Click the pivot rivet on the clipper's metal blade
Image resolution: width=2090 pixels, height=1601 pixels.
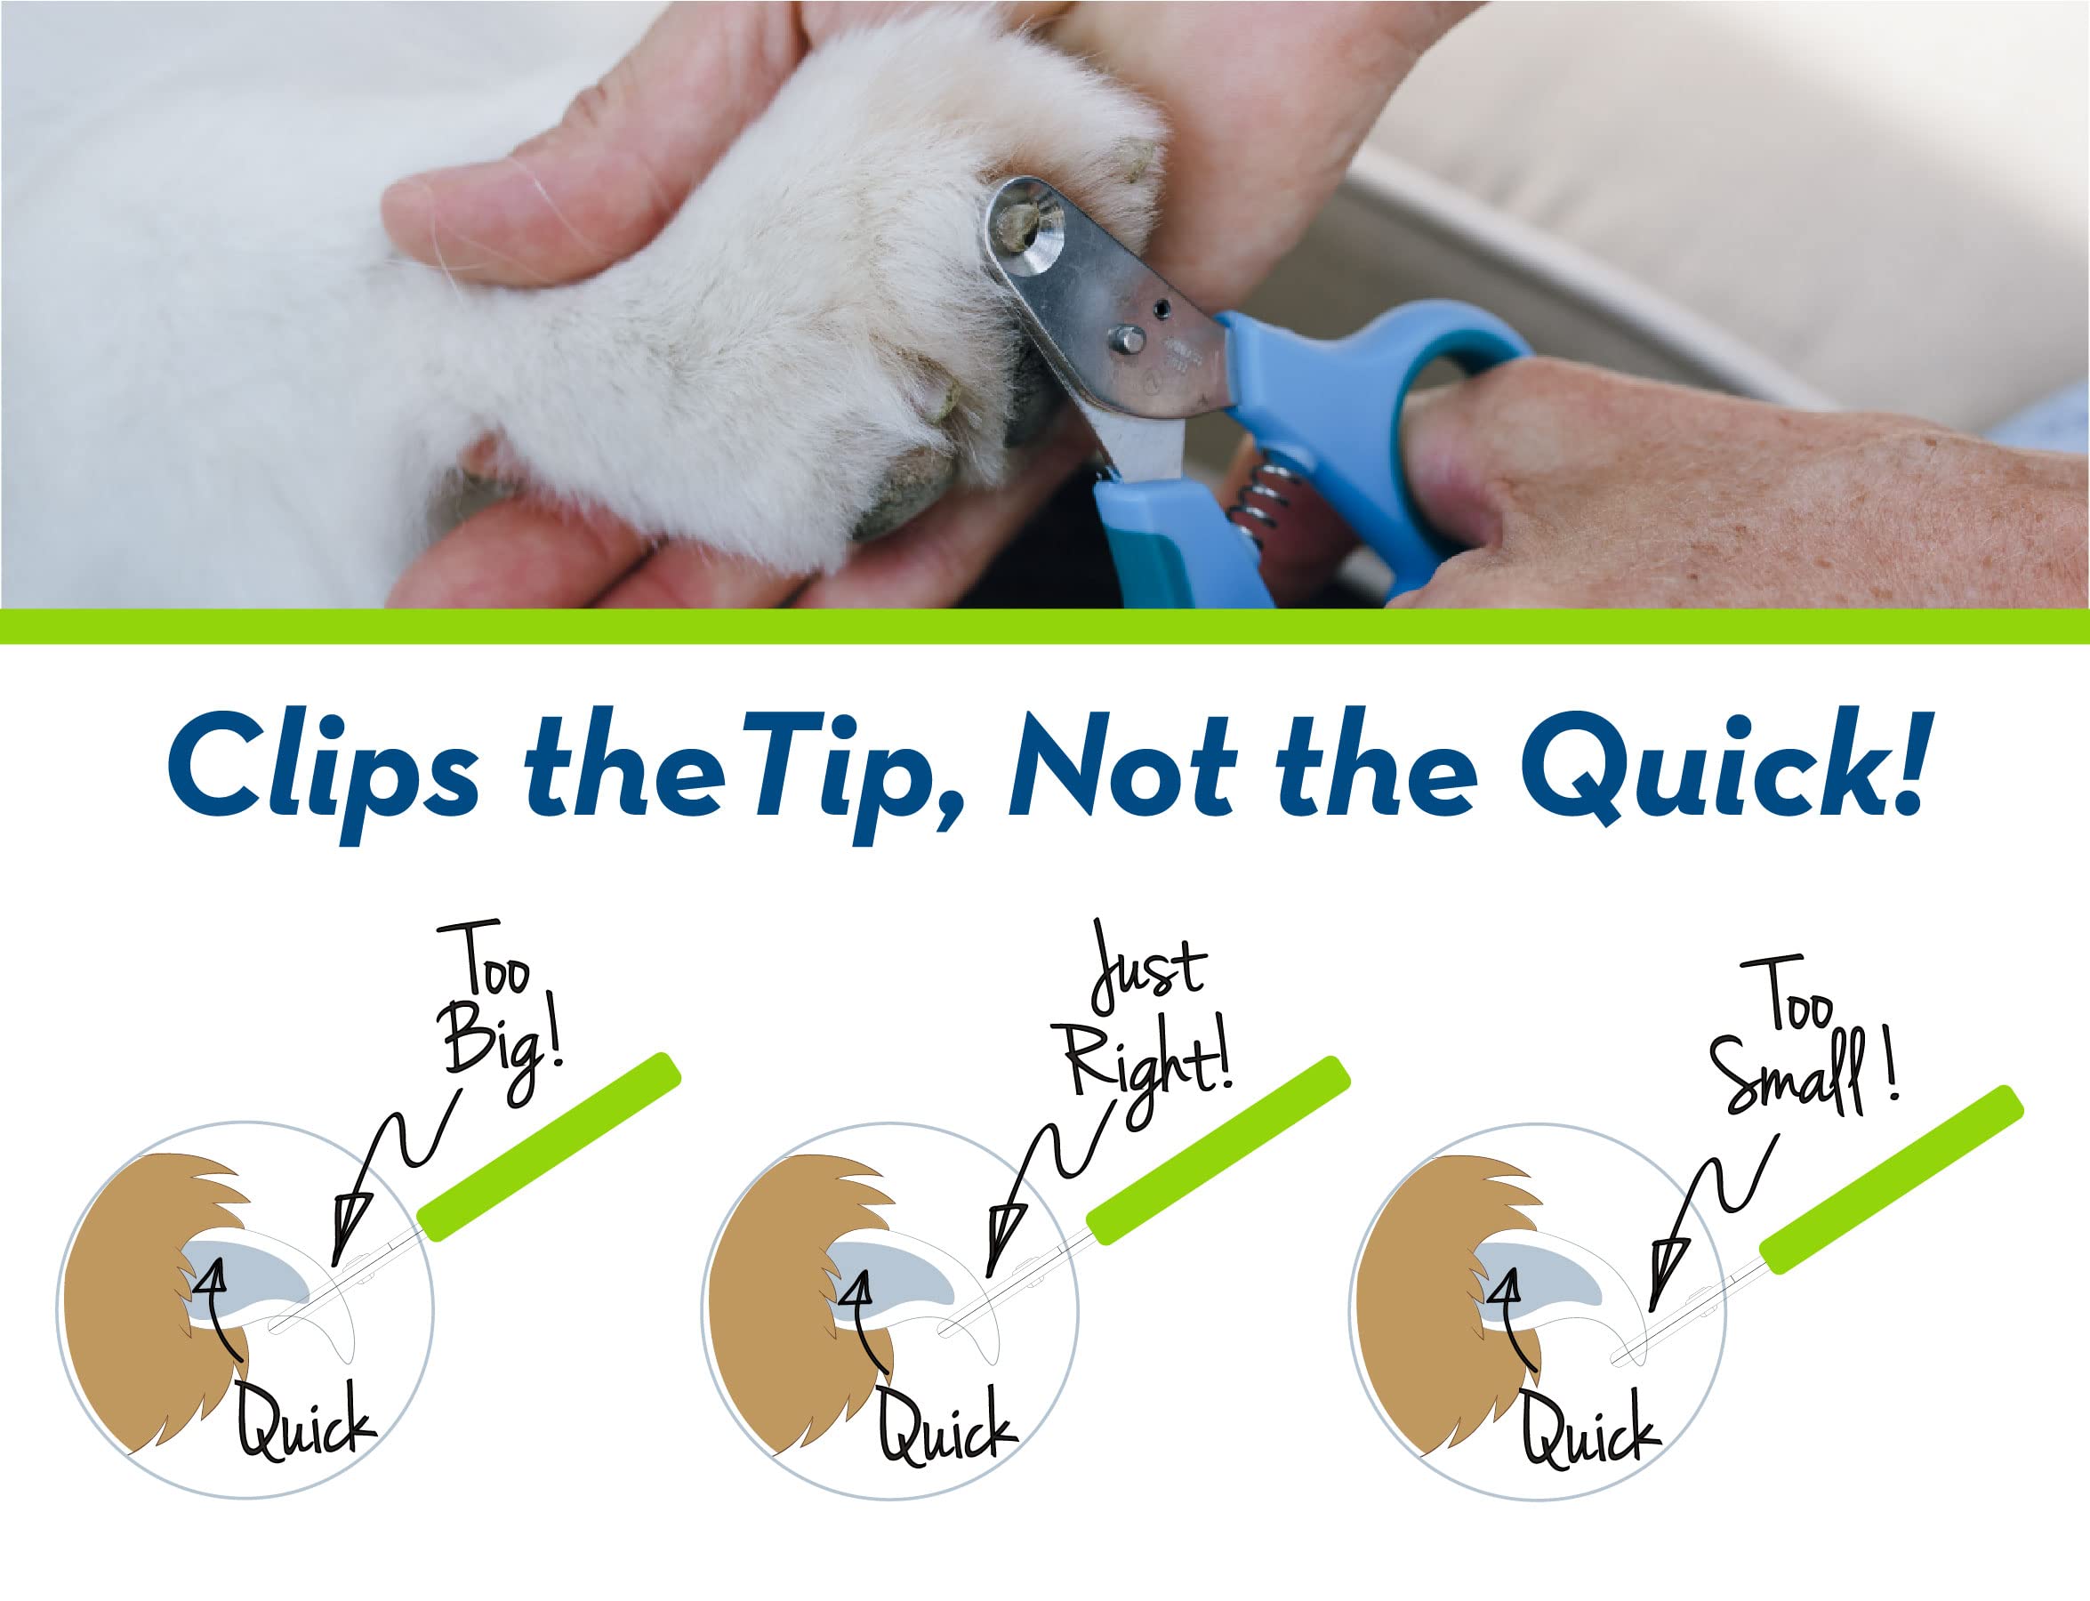click(x=1127, y=339)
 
